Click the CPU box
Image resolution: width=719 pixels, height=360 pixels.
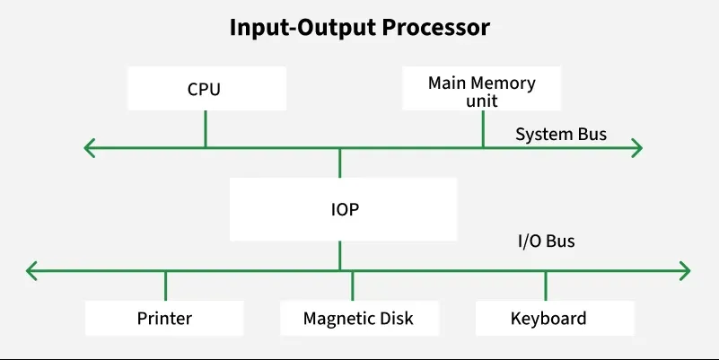205,89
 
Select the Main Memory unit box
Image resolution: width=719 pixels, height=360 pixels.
481,89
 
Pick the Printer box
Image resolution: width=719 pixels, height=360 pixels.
164,318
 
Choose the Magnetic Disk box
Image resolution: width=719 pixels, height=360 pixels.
358,318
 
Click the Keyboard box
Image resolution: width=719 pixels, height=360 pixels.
548,318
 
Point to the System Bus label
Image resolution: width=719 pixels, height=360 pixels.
560,135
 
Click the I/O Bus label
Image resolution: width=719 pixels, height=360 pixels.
546,241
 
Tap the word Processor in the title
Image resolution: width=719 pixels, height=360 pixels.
436,27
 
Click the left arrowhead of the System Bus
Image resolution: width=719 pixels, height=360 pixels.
89,148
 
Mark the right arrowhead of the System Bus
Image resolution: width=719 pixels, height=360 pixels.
637,148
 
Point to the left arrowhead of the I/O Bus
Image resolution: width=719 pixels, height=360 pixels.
32,269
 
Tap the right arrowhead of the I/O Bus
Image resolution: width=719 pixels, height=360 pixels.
685,269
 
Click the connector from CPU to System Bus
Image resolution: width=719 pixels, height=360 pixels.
206,128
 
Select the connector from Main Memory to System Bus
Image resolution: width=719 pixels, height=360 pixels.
483,128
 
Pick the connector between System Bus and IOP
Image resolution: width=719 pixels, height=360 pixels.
339,162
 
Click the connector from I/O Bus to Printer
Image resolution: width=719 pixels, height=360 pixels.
165,285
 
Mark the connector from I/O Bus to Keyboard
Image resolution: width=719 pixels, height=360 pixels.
546,285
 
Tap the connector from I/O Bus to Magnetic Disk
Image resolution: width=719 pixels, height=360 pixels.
352,285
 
